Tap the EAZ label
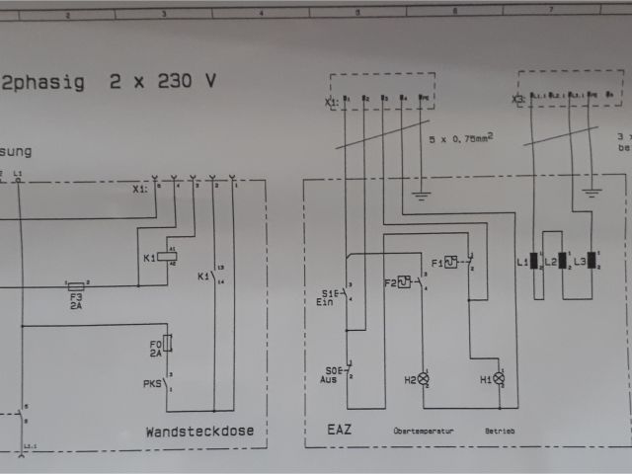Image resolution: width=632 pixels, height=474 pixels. tap(340, 431)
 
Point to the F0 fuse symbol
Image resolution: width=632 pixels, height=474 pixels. tap(168, 343)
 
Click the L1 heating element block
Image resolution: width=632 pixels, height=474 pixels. tap(533, 262)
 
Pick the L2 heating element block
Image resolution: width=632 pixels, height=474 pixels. tap(562, 262)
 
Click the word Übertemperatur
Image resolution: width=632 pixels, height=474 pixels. tap(424, 432)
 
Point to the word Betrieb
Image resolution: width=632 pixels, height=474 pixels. tap(499, 432)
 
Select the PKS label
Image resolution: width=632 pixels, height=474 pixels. tap(152, 382)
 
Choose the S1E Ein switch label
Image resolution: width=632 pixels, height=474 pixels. tap(329, 297)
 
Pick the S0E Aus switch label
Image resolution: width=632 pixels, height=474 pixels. tap(331, 375)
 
